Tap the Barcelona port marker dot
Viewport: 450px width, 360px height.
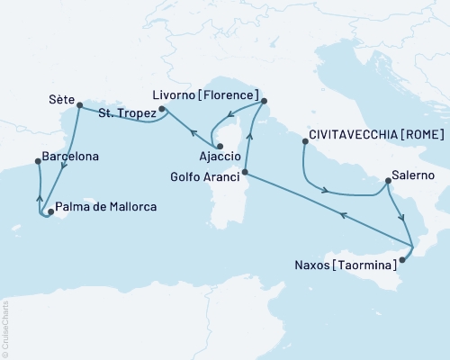click(x=37, y=161)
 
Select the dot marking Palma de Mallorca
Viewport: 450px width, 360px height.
click(x=49, y=212)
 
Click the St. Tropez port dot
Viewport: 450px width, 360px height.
click(x=162, y=111)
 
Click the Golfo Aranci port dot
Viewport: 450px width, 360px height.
click(x=245, y=173)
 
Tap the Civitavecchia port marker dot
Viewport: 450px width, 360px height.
click(x=304, y=140)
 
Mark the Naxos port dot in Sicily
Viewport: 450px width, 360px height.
click(x=402, y=259)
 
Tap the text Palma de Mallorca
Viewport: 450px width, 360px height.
click(x=106, y=207)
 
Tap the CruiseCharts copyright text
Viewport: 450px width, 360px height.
click(x=6, y=328)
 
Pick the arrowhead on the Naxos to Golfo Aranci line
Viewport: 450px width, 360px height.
click(x=341, y=214)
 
